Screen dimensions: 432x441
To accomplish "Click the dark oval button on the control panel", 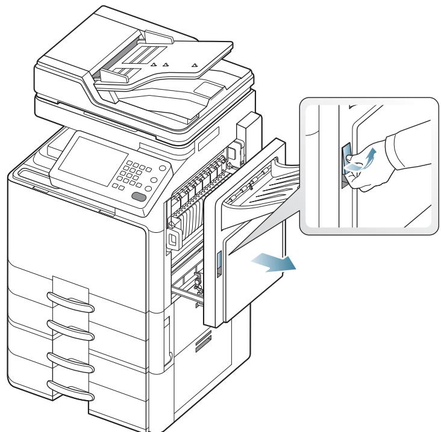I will click(x=139, y=198).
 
